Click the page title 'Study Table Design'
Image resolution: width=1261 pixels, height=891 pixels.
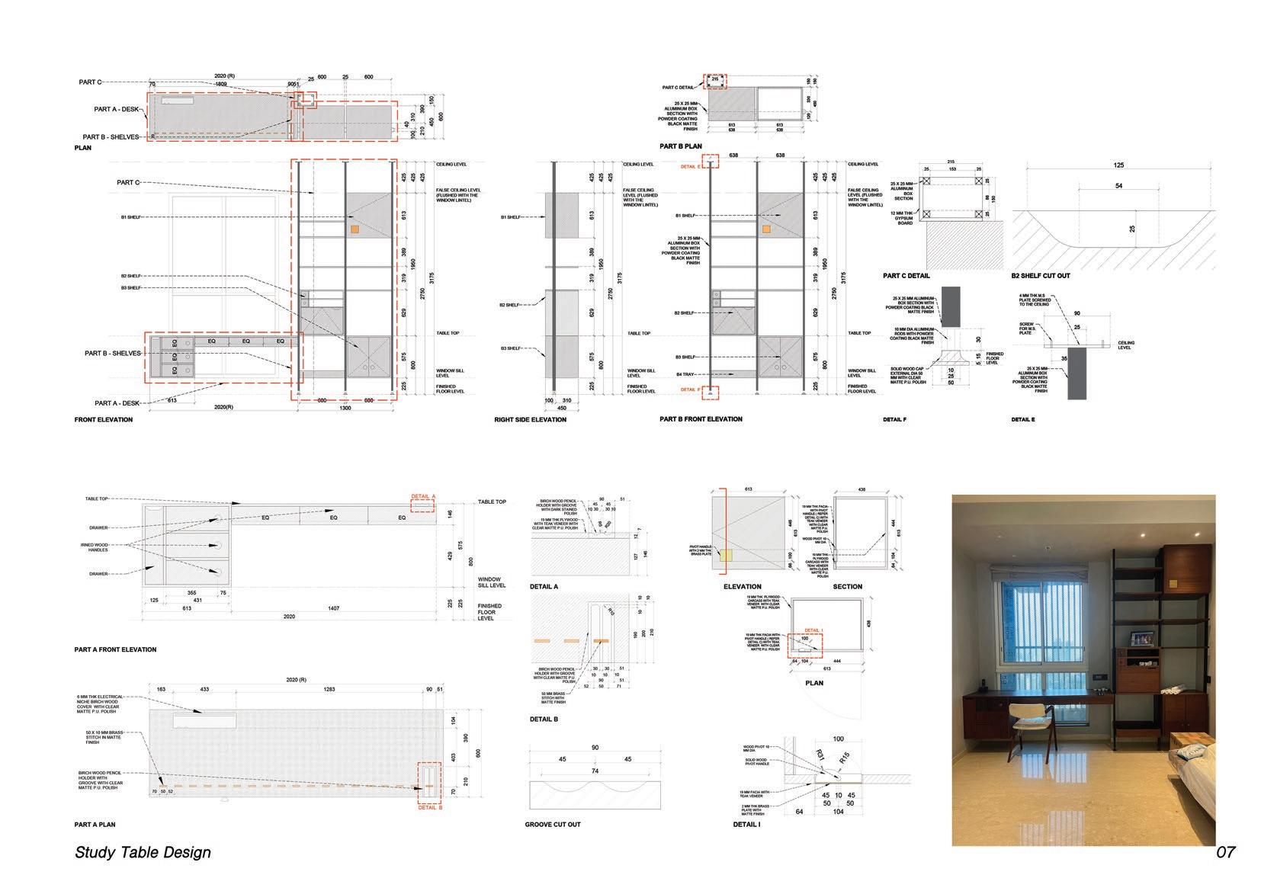click(143, 852)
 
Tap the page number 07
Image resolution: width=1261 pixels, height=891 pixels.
click(1225, 852)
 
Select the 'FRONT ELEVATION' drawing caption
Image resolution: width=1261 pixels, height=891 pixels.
click(104, 420)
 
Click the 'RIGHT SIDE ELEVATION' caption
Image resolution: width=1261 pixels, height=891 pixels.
click(531, 420)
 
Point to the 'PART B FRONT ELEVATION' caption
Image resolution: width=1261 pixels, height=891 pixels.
click(701, 419)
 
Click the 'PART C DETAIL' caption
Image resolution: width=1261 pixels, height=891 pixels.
click(906, 276)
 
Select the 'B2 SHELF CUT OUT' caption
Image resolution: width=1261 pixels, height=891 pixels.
click(1041, 276)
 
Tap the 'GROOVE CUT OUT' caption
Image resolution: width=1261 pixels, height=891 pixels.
click(553, 825)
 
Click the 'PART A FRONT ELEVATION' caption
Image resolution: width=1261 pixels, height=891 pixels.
click(115, 650)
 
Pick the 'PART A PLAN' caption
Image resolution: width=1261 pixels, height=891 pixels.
click(95, 825)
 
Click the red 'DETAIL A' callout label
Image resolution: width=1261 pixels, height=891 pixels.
click(423, 496)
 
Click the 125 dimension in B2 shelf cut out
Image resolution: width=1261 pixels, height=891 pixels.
click(1118, 165)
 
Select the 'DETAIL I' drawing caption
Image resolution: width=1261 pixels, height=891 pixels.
click(746, 825)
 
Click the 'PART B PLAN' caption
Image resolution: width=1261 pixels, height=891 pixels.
click(681, 146)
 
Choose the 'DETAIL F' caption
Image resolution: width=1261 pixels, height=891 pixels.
click(894, 420)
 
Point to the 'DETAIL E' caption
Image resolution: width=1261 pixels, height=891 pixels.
click(1023, 420)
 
